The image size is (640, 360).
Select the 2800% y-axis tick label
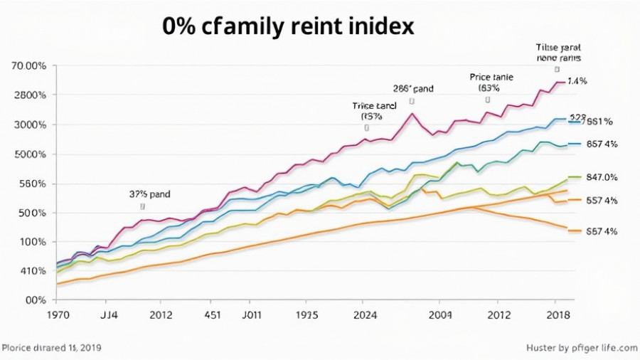[x=31, y=95]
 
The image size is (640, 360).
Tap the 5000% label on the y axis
[x=31, y=154]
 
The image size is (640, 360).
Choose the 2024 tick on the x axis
[x=365, y=314]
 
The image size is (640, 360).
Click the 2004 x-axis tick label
[x=439, y=314]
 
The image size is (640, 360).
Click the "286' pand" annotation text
[x=413, y=89]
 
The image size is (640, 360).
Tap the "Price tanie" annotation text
[x=491, y=75]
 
